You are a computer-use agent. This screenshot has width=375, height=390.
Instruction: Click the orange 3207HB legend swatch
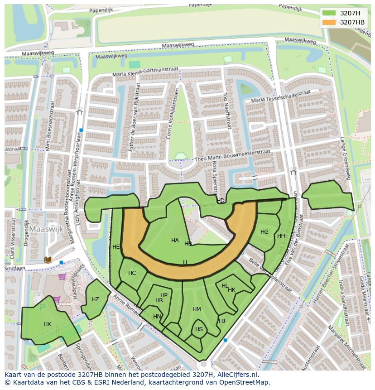329,22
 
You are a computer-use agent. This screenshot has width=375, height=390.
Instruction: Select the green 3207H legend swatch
329,13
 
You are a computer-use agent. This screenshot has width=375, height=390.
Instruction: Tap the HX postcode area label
47,324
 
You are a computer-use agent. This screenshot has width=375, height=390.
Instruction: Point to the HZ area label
95,299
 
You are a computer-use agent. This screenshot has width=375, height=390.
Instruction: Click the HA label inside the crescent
175,241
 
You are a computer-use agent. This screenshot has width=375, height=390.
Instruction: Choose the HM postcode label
197,309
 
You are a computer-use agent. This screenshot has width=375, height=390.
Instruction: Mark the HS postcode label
199,329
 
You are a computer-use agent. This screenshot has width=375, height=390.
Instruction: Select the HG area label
264,232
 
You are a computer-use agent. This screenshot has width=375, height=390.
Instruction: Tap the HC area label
132,273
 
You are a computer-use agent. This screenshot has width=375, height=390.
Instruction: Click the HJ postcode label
222,321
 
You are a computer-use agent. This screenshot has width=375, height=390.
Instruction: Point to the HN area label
157,317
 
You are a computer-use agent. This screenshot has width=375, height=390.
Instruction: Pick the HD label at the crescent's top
221,201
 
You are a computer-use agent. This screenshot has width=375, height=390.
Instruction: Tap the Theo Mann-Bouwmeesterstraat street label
232,156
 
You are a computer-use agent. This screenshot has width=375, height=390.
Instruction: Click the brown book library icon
48,260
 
